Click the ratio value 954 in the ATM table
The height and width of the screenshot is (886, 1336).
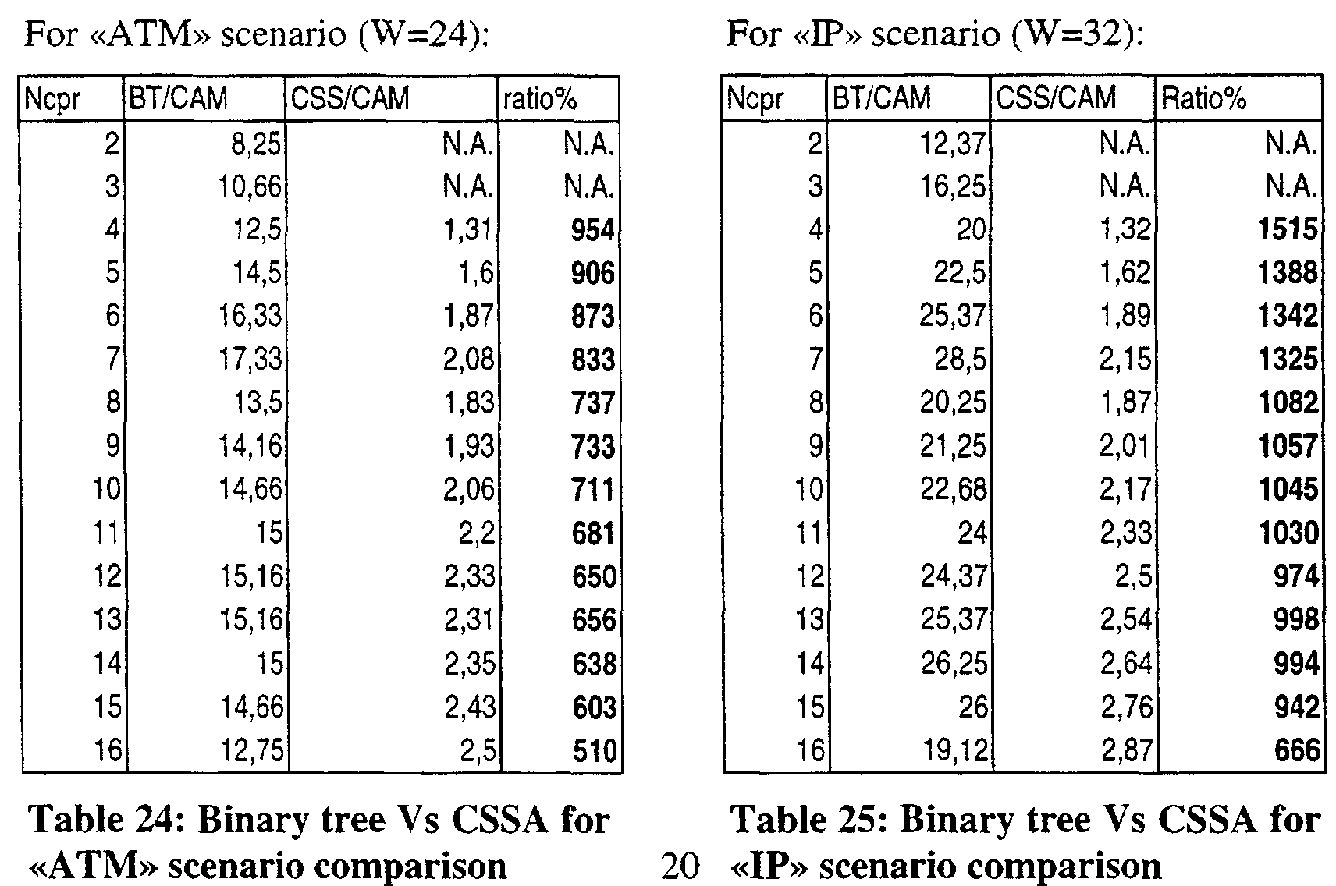pyautogui.click(x=593, y=230)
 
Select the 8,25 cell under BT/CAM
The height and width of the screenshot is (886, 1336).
pyautogui.click(x=256, y=144)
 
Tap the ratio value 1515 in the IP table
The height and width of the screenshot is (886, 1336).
pyautogui.click(x=1288, y=229)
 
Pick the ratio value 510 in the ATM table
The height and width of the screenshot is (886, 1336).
pyautogui.click(x=594, y=750)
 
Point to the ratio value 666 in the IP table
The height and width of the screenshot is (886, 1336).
pyautogui.click(x=1297, y=750)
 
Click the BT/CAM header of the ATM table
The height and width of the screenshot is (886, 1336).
pyautogui.click(x=179, y=98)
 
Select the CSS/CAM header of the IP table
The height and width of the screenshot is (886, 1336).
pyautogui.click(x=1056, y=97)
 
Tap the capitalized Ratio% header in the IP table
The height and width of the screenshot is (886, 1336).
pyautogui.click(x=1203, y=98)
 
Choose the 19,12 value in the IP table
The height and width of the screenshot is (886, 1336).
pyautogui.click(x=955, y=750)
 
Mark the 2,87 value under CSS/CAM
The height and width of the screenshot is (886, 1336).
pyautogui.click(x=1126, y=750)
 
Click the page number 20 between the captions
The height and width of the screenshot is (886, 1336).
pyautogui.click(x=680, y=866)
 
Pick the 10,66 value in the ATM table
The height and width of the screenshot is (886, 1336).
pyautogui.click(x=249, y=186)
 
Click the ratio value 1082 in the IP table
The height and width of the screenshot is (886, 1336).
pyautogui.click(x=1288, y=403)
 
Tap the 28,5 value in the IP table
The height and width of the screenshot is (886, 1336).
pyautogui.click(x=960, y=360)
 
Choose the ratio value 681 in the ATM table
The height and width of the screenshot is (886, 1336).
pyautogui.click(x=593, y=533)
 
